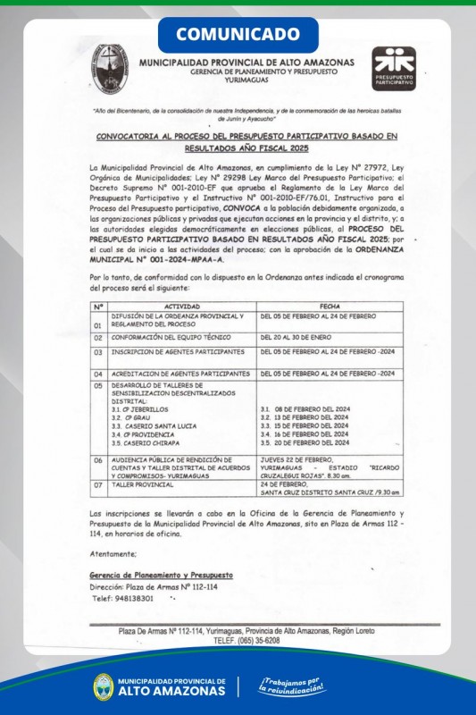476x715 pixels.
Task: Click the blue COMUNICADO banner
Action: click(238, 34)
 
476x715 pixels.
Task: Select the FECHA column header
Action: click(329, 306)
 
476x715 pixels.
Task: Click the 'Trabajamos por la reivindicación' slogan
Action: click(292, 686)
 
